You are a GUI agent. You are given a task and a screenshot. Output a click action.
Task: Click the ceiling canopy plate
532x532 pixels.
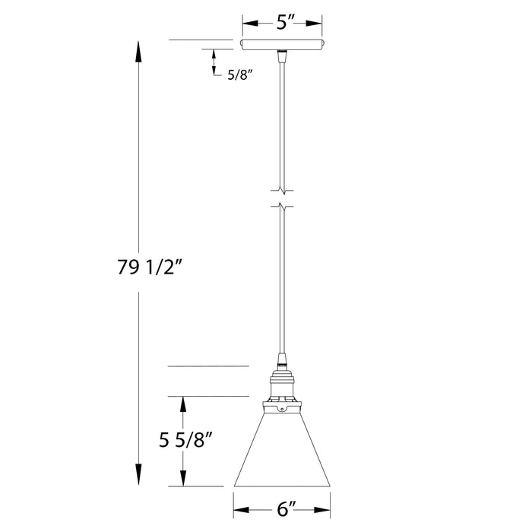click(x=282, y=44)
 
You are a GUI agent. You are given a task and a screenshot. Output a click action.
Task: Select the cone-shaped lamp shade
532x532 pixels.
click(x=282, y=452)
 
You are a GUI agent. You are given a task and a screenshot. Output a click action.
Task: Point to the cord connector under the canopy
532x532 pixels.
click(x=282, y=54)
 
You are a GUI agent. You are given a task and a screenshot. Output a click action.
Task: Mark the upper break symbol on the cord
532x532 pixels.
click(x=282, y=189)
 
